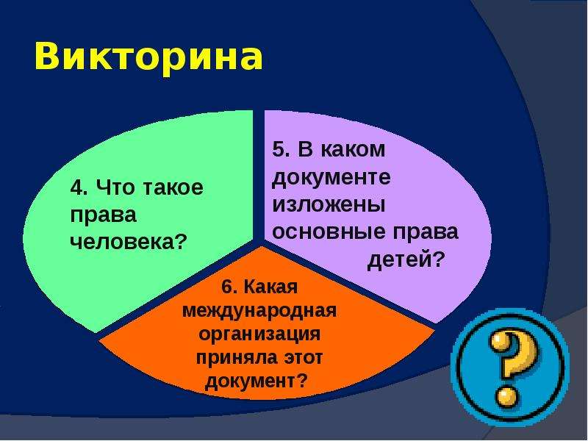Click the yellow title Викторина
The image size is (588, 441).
148,57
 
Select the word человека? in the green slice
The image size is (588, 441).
128,242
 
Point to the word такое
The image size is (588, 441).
173,187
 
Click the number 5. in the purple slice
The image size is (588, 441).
281,149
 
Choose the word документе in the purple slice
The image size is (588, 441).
331,178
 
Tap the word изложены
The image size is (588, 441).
329,205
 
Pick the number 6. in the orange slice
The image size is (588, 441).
229,287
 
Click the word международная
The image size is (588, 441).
259,311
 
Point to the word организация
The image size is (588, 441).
259,334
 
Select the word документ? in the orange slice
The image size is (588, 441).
256,381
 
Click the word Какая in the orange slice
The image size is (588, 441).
270,287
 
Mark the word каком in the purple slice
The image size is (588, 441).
353,149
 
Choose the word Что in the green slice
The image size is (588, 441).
115,187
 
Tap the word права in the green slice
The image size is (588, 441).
103,216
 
